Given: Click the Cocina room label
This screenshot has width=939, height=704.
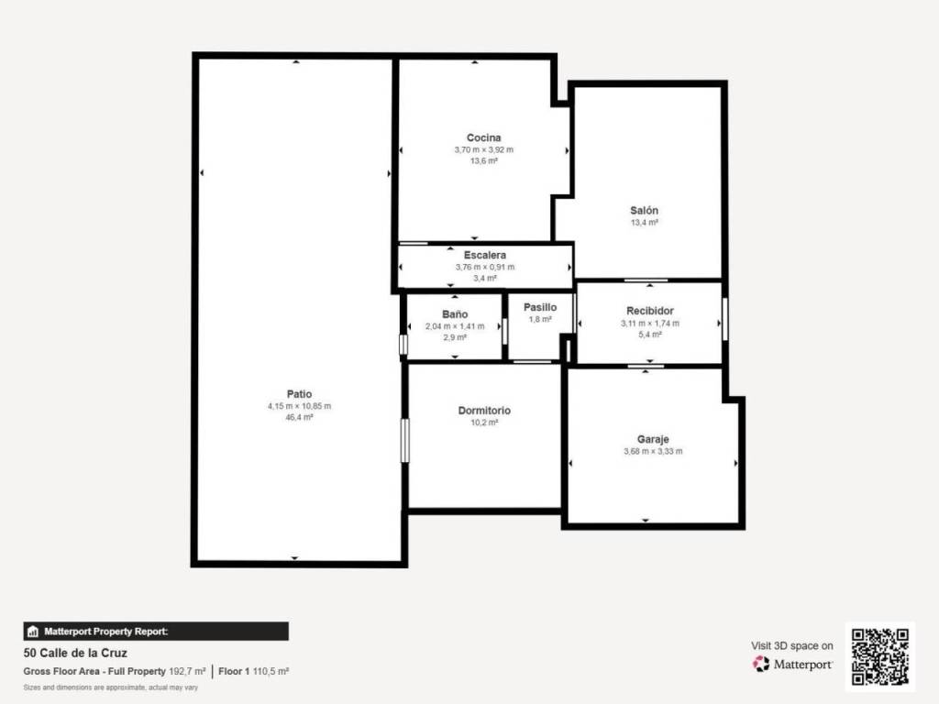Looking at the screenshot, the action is coord(484,137).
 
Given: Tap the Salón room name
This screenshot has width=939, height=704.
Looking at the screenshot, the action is coord(644,210).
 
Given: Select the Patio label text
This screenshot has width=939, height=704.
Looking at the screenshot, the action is coord(300,394).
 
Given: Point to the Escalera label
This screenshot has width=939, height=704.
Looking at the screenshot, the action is coord(484,255).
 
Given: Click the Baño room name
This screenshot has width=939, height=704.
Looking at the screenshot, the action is coord(455,314).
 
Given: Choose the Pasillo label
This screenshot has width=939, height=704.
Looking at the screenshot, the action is coord(540,307).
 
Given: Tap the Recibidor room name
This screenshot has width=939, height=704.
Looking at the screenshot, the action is coord(650,311).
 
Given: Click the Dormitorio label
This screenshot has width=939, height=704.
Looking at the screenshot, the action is coord(484,411).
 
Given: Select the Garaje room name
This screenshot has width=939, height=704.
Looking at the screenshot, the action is coord(653,439).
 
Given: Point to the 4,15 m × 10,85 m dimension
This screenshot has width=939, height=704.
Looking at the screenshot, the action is coord(300,406).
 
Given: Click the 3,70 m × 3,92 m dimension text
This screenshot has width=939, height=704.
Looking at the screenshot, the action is coord(484,149).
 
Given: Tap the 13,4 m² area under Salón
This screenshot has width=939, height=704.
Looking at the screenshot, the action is coord(645,223).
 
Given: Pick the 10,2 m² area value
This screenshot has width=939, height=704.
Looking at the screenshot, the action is coord(484,423).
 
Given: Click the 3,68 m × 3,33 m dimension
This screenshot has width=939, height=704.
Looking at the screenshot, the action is coord(653,451).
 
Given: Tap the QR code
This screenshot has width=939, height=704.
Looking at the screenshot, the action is coord(880,656).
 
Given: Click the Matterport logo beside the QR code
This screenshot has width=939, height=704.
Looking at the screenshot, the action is coord(792,664).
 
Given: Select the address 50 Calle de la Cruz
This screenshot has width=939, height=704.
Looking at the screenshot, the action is coord(75,653).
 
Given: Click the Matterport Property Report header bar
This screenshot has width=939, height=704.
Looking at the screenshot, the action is coord(156,632).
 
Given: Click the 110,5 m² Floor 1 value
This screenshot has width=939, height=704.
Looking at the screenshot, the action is coord(271,672).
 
